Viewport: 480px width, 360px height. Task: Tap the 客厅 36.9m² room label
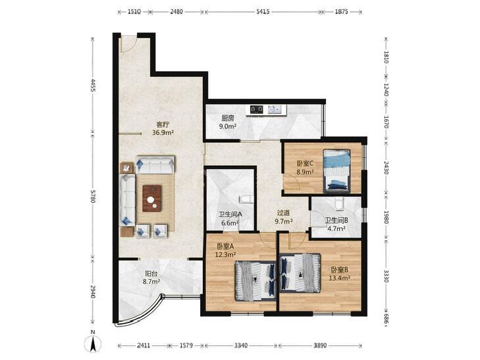point(163,128)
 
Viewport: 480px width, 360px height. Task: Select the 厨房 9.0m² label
point(228,122)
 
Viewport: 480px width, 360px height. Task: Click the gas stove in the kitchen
point(257,109)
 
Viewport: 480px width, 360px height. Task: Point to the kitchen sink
point(275,109)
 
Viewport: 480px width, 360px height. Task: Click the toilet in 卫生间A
point(246,199)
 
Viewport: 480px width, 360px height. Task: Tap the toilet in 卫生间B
point(338,204)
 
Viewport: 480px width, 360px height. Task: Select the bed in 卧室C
point(337,170)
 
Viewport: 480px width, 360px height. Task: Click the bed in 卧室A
point(255,281)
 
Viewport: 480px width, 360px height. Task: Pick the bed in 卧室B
point(300,272)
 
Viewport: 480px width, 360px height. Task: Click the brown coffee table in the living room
point(152,198)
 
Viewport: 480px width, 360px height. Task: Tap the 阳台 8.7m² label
point(151,278)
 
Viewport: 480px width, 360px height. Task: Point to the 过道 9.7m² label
point(284,217)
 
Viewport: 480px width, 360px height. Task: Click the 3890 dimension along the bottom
point(320,346)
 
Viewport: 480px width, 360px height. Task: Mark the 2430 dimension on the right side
point(386,168)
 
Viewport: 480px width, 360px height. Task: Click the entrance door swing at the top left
point(128,44)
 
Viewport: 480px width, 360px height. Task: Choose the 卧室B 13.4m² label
point(340,274)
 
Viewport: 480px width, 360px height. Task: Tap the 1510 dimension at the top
point(134,12)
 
